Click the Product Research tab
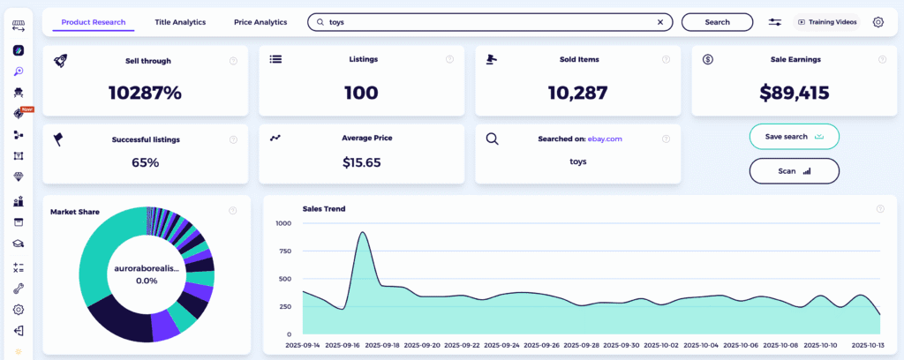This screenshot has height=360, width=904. (x=94, y=22)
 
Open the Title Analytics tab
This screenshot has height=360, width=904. (x=180, y=22)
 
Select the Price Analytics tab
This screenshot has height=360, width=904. (x=260, y=22)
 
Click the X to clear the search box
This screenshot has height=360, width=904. (x=660, y=22)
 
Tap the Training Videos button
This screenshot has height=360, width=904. (x=827, y=22)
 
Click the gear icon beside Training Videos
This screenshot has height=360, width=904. (x=878, y=22)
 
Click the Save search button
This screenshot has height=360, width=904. (x=794, y=137)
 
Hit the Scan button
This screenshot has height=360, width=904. (x=794, y=171)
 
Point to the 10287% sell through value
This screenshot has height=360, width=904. (x=145, y=92)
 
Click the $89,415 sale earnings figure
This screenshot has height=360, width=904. (x=795, y=92)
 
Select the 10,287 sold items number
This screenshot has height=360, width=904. (x=577, y=92)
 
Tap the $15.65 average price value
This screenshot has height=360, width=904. (x=361, y=162)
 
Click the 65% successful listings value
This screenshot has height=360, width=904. (x=145, y=162)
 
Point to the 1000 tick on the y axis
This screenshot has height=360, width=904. (x=282, y=223)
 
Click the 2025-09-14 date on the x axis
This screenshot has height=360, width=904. (x=304, y=345)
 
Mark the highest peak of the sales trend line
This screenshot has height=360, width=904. (x=363, y=233)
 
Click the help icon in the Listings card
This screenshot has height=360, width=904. (x=449, y=60)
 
